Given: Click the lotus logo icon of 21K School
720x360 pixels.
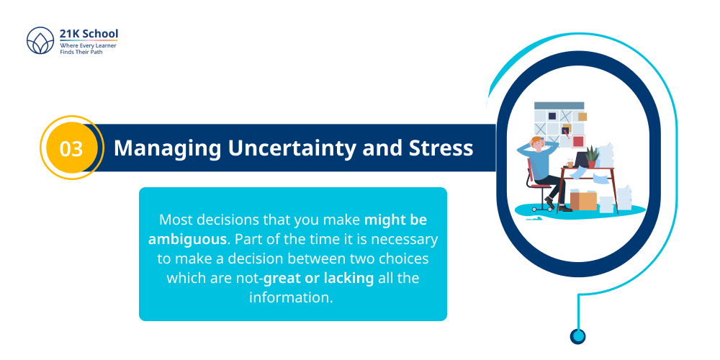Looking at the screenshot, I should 40,42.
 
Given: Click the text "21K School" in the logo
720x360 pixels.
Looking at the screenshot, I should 89,33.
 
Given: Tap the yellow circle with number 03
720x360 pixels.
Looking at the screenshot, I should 71,148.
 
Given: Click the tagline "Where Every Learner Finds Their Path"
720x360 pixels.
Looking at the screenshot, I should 88,49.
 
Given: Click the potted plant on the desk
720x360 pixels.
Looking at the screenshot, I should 592,156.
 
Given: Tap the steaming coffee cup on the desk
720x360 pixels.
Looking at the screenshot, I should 570,163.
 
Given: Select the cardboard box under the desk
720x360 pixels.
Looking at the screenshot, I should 583,200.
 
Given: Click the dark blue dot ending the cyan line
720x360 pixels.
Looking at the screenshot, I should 577,336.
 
